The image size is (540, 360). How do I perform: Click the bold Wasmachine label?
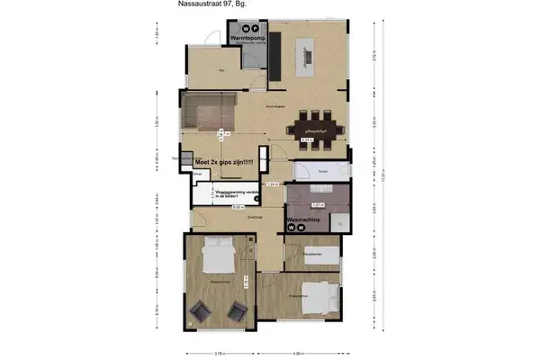tap(305, 219)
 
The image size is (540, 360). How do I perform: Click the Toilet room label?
tap(321, 169)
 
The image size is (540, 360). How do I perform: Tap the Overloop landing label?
tap(254, 217)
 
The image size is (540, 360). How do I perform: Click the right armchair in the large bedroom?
tap(237, 312)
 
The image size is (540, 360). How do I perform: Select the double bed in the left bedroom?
tap(218, 257)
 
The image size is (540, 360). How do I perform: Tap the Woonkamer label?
tap(275, 107)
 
